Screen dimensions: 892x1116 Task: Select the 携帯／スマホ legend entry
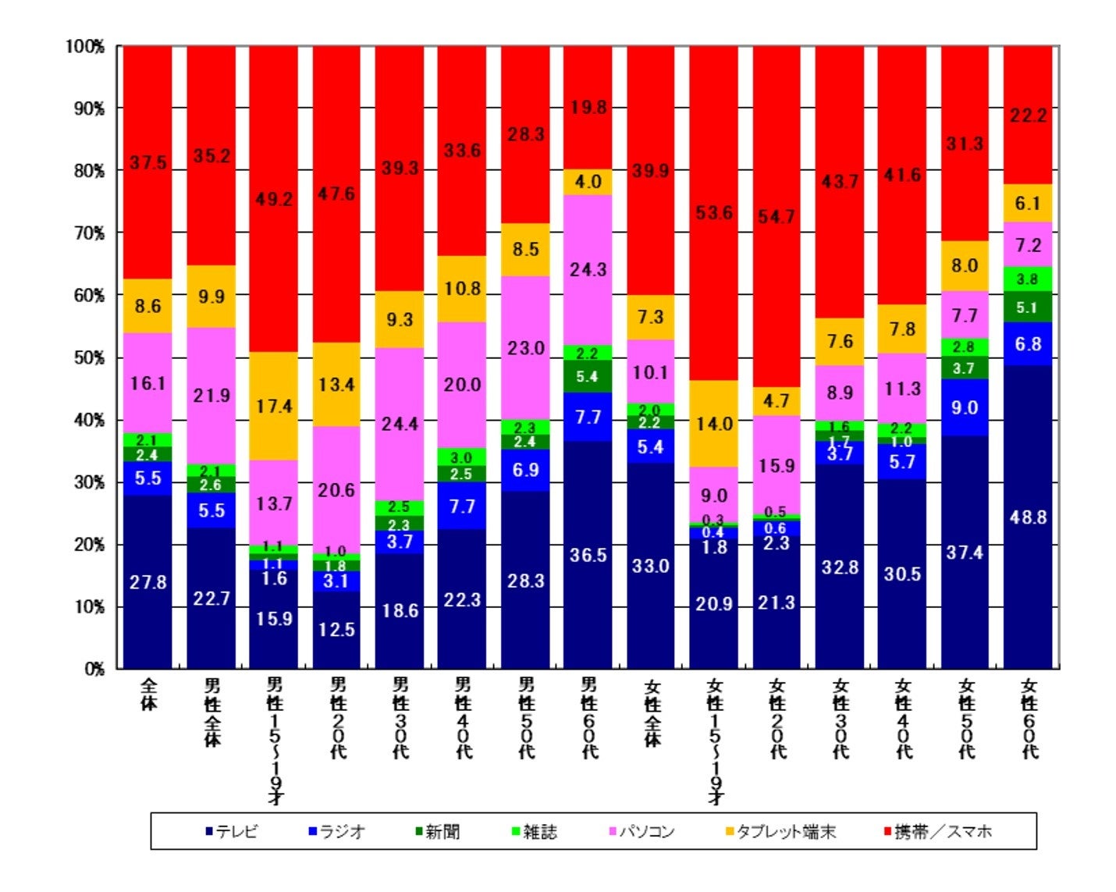pyautogui.click(x=937, y=832)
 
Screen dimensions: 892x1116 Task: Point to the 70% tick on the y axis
pyautogui.click(x=88, y=233)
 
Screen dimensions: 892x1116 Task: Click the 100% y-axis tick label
pyautogui.click(x=85, y=46)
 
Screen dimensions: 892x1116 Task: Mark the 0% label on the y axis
pyautogui.click(x=93, y=669)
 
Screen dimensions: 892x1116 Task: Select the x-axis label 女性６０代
pyautogui.click(x=1029, y=718)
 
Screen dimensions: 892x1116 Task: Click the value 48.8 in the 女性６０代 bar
pyautogui.click(x=1028, y=517)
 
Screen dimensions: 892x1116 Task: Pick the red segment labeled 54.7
pyautogui.click(x=777, y=216)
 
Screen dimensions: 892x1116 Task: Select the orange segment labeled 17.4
pyautogui.click(x=274, y=406)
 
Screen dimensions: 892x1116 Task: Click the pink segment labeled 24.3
pyautogui.click(x=588, y=269)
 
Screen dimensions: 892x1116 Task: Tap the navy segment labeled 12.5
pyautogui.click(x=336, y=629)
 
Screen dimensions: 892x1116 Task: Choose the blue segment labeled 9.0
pyautogui.click(x=965, y=407)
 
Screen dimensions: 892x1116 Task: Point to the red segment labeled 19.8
pyautogui.click(x=588, y=107)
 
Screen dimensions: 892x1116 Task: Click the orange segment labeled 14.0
pyautogui.click(x=714, y=424)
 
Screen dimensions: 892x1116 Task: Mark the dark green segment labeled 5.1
pyautogui.click(x=1028, y=307)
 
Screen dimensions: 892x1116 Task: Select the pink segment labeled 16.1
pyautogui.click(x=148, y=383)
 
